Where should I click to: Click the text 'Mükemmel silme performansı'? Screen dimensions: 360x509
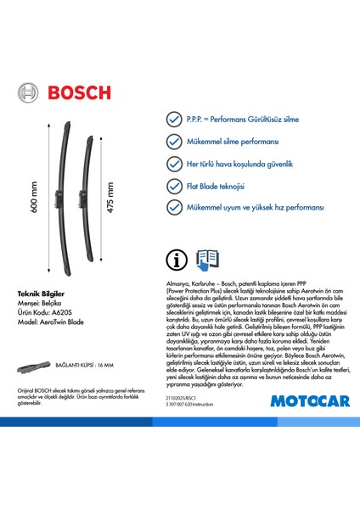[239, 143]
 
